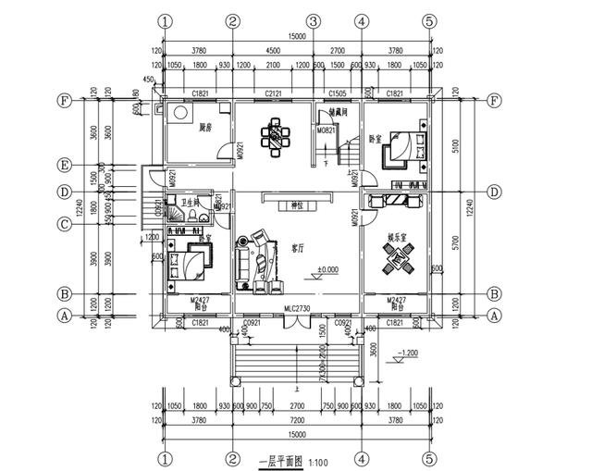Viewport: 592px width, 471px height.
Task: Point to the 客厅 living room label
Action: pyautogui.click(x=298, y=248)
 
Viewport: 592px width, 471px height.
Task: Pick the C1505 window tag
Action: pyautogui.click(x=338, y=94)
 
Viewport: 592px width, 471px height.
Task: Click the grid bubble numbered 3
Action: pyautogui.click(x=314, y=20)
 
